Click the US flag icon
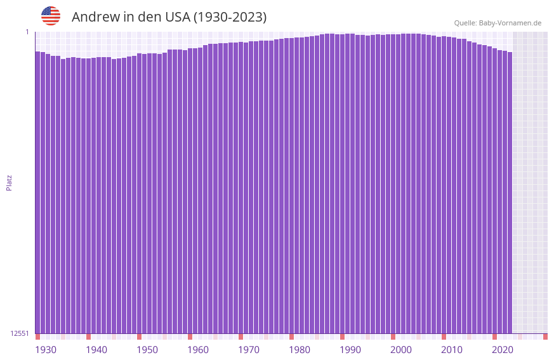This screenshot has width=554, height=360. click(x=51, y=16)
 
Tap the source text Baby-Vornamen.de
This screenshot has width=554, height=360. click(x=510, y=23)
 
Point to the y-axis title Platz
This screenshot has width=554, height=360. click(x=9, y=182)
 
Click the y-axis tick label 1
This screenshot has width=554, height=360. click(x=27, y=32)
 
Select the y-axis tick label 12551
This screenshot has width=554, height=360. click(x=20, y=333)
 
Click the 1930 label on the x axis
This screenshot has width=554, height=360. click(x=46, y=350)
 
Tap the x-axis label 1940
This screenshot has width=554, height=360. click(x=96, y=350)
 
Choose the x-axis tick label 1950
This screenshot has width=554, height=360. click(x=147, y=350)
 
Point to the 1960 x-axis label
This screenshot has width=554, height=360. click(x=198, y=350)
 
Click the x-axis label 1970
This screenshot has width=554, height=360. click(x=249, y=350)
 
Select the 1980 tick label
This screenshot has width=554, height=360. click(x=300, y=350)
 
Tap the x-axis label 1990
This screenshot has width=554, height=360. click(x=350, y=350)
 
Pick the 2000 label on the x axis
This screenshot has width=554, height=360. click(x=401, y=350)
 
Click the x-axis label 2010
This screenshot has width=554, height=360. click(x=452, y=350)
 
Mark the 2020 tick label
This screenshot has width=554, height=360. click(x=503, y=350)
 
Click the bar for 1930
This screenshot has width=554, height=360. click(x=37, y=190)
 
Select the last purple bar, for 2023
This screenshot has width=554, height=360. click(x=510, y=190)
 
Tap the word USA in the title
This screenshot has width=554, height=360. click(x=175, y=17)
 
